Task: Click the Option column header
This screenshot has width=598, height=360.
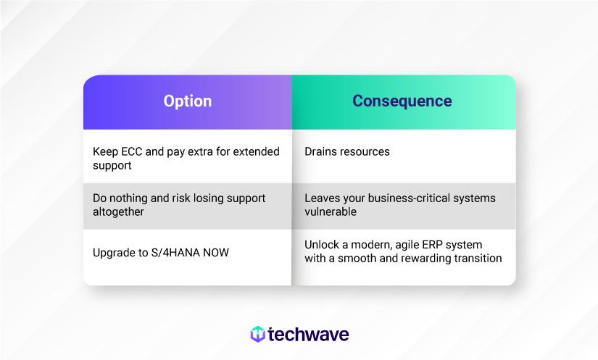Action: click(187, 101)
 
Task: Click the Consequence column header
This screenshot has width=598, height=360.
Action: click(402, 101)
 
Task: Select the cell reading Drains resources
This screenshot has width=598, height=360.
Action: click(346, 152)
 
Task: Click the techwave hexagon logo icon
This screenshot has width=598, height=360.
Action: click(257, 334)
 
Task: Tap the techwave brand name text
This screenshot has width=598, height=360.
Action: click(309, 334)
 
